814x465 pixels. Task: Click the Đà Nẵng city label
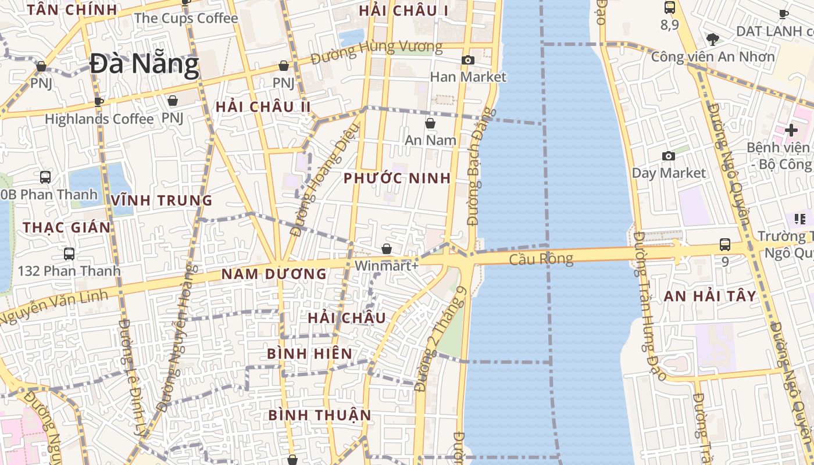tap(144, 64)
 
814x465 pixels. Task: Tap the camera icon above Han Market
tap(468, 60)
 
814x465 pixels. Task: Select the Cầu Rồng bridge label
tap(541, 259)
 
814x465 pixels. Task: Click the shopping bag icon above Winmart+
tap(387, 249)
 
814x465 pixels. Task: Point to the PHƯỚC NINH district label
tap(397, 178)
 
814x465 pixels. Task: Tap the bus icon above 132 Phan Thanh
tap(69, 254)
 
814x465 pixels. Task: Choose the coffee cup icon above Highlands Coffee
tap(99, 102)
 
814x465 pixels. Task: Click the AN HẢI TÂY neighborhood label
tap(711, 296)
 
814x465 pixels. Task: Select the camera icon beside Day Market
tap(669, 156)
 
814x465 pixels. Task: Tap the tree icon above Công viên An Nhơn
tap(713, 40)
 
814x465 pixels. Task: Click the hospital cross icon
tap(791, 130)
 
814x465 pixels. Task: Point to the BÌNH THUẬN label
tap(320, 415)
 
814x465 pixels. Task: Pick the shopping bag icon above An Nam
tap(430, 123)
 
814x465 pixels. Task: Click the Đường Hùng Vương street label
tap(376, 52)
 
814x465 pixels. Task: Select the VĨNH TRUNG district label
tap(162, 201)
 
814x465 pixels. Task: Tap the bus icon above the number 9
tap(724, 245)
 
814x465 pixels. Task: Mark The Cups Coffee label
tap(186, 18)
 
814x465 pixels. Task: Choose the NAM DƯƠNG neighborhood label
tap(274, 274)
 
